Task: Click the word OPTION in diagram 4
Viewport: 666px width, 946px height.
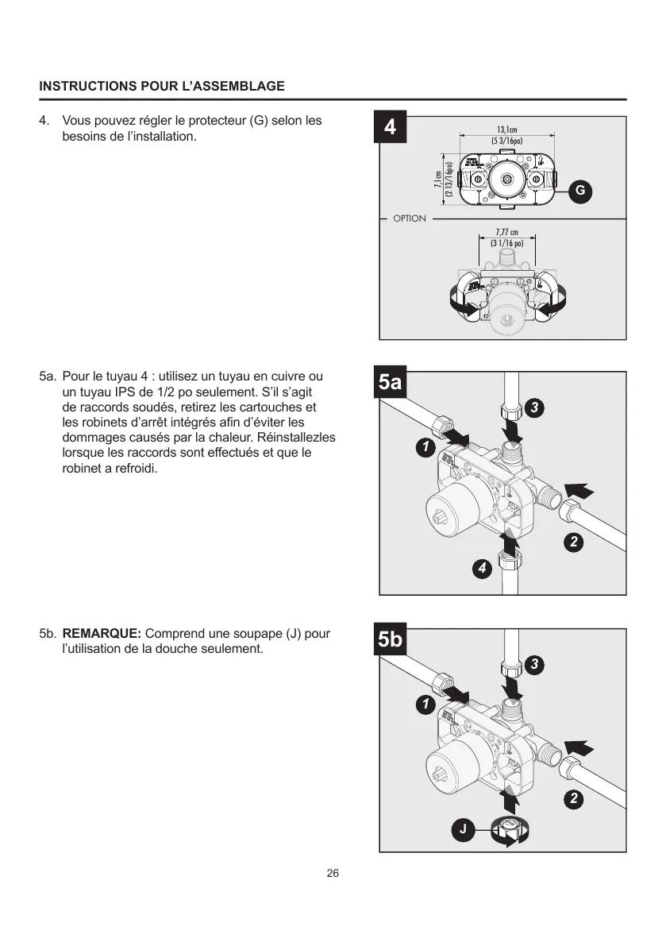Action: (410, 218)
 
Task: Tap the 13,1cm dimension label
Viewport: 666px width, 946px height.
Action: (507, 129)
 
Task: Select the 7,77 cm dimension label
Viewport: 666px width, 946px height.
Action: (507, 233)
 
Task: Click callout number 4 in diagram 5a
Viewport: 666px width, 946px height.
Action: (480, 569)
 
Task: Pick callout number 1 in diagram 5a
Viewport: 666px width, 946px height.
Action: (426, 448)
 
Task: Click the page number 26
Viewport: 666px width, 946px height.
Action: (333, 874)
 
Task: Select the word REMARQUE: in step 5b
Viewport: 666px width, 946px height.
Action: (102, 634)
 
